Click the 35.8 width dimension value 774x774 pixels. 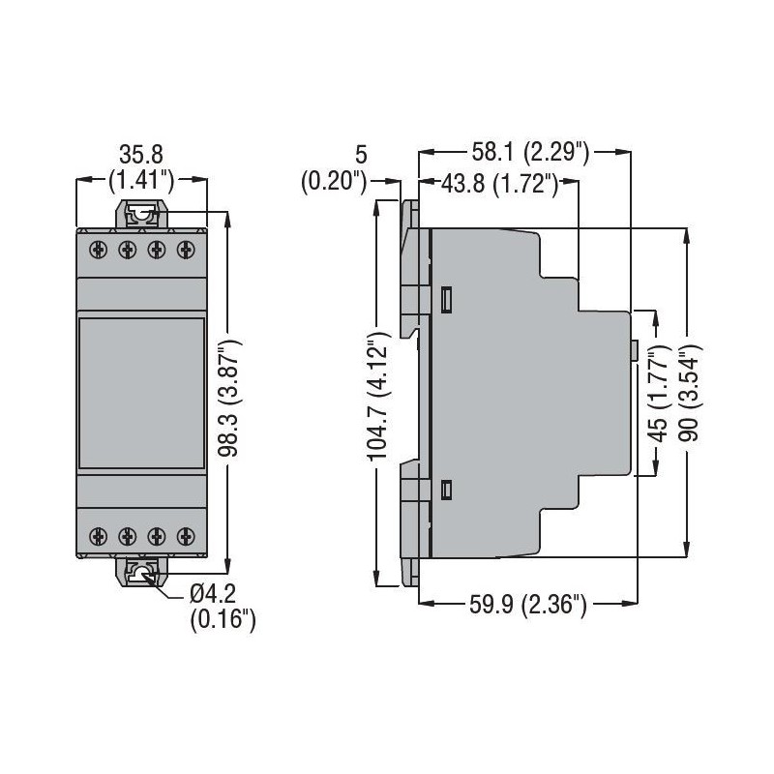[142, 154]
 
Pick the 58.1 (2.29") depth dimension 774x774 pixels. [528, 152]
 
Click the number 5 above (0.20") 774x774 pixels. [361, 154]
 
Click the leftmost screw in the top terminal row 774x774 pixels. [98, 251]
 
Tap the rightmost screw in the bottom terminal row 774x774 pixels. [186, 534]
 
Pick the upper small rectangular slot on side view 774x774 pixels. [446, 300]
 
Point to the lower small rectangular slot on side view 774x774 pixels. [446, 490]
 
